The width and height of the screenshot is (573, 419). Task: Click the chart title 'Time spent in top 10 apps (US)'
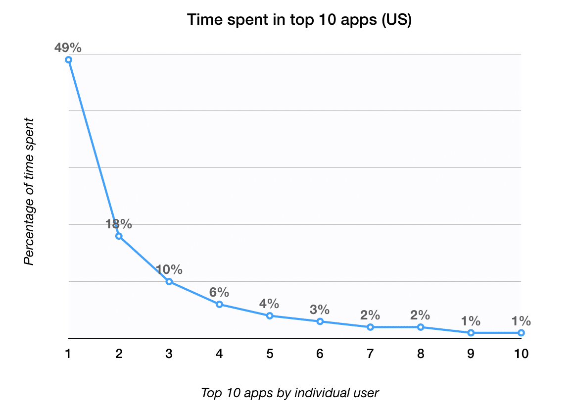(299, 21)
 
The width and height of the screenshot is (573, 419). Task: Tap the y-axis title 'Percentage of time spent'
(30, 191)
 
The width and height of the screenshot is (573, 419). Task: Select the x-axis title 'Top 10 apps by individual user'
(290, 393)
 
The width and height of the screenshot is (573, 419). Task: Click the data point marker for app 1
(69, 60)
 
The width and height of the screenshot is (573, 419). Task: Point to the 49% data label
(68, 48)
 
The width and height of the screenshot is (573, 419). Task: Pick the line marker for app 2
(119, 236)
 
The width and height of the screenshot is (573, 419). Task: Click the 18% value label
(119, 224)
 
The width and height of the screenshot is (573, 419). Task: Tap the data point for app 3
(169, 282)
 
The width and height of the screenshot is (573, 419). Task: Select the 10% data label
(169, 270)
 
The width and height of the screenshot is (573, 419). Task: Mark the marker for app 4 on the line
(219, 304)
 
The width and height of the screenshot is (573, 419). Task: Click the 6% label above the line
(219, 292)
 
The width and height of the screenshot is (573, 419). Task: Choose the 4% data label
(270, 304)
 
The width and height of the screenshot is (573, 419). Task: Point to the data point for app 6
(320, 321)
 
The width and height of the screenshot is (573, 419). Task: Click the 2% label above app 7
(370, 315)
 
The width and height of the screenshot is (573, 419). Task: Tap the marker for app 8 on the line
(421, 327)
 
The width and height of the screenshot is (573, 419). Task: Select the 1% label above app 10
(521, 320)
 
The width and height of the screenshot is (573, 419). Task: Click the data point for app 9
(471, 333)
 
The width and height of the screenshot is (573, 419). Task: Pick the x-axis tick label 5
(270, 354)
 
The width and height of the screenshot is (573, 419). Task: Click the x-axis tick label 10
(521, 354)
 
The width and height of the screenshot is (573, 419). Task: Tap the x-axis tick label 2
(119, 354)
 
